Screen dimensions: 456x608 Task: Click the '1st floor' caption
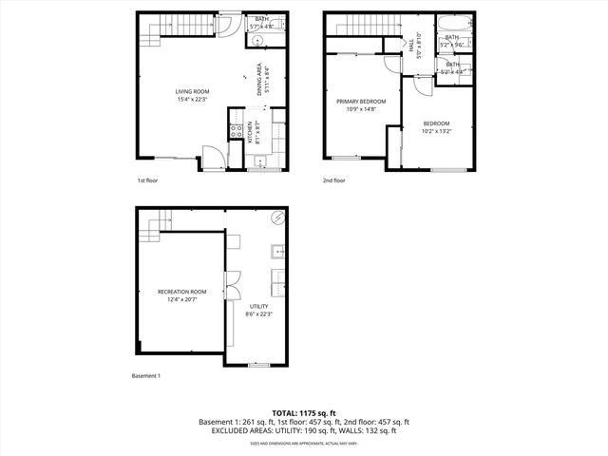click(x=148, y=180)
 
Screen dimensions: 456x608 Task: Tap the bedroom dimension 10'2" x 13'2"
click(x=436, y=131)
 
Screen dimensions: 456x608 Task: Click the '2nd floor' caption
click(x=333, y=180)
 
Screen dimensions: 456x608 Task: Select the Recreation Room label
click(x=181, y=292)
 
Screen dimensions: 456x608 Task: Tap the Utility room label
click(x=258, y=306)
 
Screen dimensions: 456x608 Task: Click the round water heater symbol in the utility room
click(x=277, y=218)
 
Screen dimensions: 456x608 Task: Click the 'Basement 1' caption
click(x=146, y=375)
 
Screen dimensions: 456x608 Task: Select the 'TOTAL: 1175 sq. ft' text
click(x=303, y=412)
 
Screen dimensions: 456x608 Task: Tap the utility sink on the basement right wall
click(x=278, y=252)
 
